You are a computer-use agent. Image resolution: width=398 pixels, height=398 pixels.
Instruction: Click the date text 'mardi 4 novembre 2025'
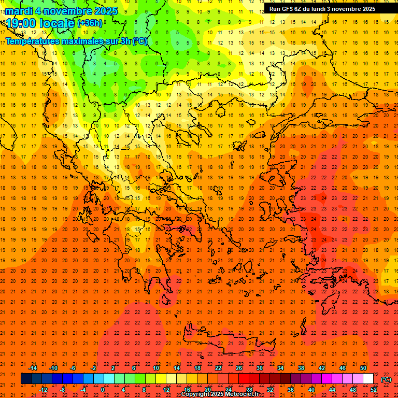pos(61,11)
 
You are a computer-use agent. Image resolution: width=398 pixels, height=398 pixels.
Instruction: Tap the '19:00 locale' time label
pos(40,23)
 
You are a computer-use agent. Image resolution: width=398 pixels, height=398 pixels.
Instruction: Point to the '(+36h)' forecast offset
pos(90,23)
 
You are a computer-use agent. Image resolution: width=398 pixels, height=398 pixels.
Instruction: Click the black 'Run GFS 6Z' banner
pos(322,9)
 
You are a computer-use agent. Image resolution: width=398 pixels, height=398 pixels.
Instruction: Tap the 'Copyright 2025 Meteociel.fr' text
pos(220,394)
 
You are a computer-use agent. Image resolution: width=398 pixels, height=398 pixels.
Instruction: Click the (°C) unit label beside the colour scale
pos(386,379)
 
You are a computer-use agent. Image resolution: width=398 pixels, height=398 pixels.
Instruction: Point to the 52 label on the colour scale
pos(373,389)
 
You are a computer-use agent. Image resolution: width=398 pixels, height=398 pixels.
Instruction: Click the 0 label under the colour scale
pos(103,389)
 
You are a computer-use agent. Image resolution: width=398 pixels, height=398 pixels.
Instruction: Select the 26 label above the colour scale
pos(238,368)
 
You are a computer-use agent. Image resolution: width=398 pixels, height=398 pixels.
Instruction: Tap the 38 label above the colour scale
pos(301,368)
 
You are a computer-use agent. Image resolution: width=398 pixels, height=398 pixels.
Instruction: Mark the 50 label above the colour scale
pos(363,368)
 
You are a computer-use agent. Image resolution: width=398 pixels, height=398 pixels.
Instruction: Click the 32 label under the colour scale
pos(269,389)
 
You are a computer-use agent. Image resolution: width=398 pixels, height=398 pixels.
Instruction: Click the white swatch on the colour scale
pos(368,379)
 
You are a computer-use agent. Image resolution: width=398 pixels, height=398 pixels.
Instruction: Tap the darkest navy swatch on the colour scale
pos(26,379)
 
